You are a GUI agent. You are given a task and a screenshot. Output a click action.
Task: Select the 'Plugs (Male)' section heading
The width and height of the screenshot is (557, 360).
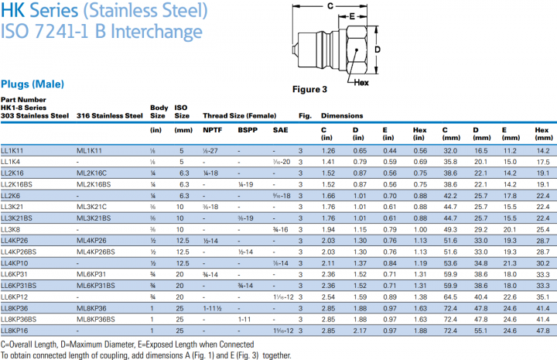point(32,84)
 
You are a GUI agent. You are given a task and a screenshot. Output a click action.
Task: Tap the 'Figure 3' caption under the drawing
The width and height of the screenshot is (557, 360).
point(309,89)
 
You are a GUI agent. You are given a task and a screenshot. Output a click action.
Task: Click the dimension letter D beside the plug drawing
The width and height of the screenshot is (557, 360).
point(378,48)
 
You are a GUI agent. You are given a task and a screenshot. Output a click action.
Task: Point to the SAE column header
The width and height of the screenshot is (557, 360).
point(280,129)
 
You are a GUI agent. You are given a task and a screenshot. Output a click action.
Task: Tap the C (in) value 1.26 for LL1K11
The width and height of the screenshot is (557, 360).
point(328,149)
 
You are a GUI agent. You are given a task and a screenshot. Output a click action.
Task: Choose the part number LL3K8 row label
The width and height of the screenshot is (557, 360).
point(12,230)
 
